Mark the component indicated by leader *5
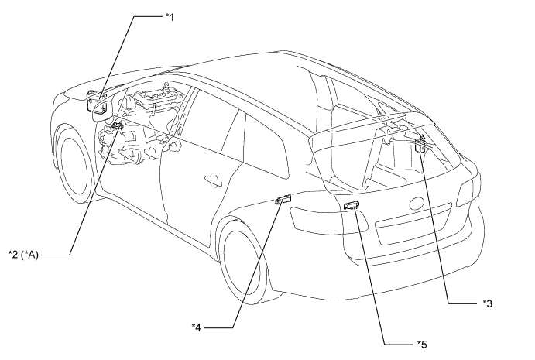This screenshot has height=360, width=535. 351,205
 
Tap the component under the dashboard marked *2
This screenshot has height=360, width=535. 118,128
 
